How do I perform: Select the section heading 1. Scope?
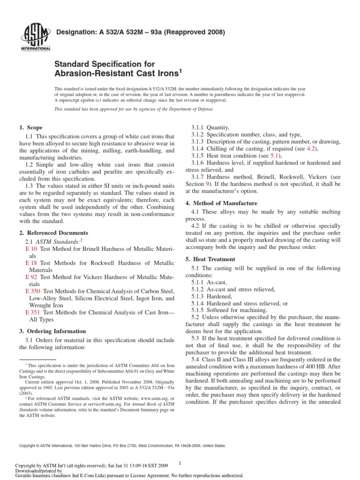(x=31, y=127)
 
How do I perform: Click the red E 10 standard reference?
(x=31, y=249)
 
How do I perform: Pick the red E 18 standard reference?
(x=31, y=263)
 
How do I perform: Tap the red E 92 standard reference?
(x=31, y=277)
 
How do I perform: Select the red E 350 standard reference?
(x=33, y=291)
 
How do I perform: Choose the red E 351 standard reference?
(x=33, y=312)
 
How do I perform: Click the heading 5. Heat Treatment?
(x=210, y=259)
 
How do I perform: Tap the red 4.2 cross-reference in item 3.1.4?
(x=311, y=149)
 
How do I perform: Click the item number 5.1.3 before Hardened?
(x=200, y=297)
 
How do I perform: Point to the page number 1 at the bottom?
(x=180, y=464)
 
